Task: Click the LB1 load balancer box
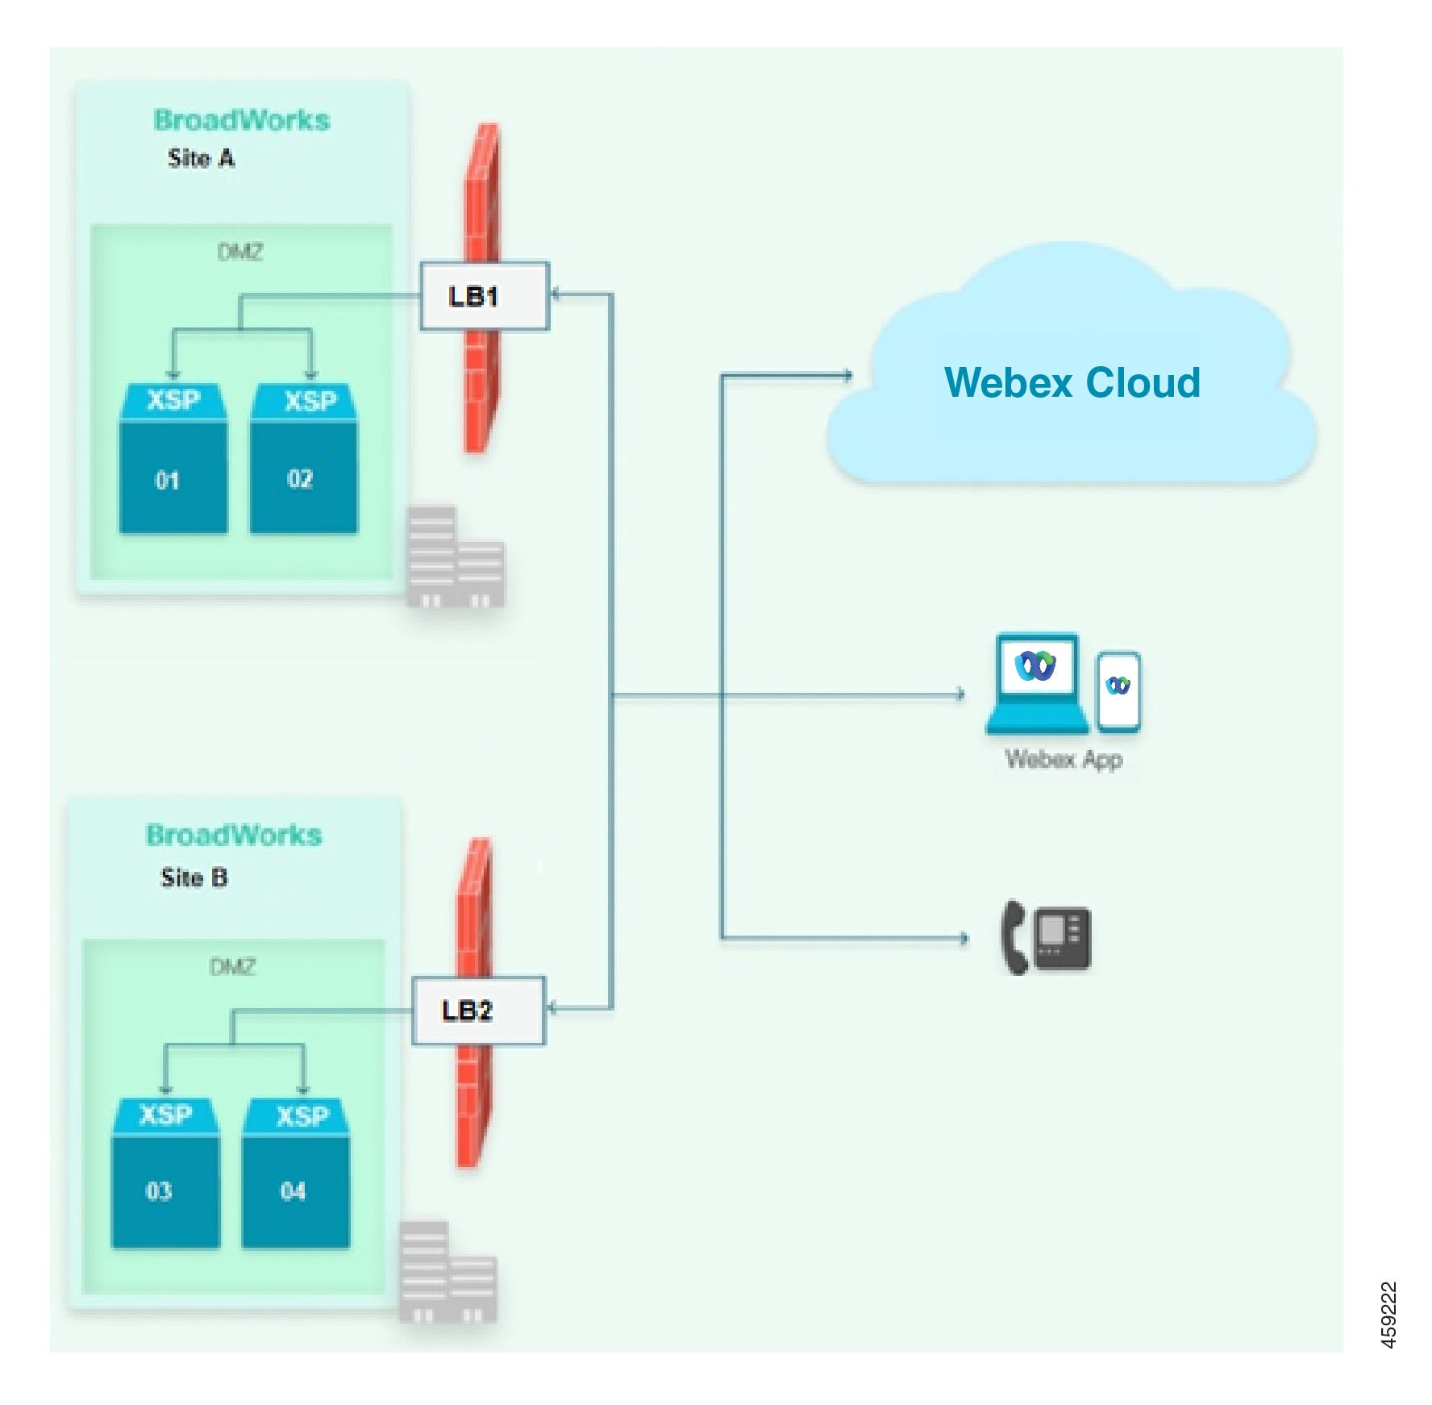pyautogui.click(x=484, y=296)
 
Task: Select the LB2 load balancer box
pyautogui.click(x=478, y=1011)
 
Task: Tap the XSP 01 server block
pyautogui.click(x=173, y=460)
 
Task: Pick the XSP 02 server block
pyautogui.click(x=304, y=460)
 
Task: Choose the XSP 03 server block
pyautogui.click(x=165, y=1174)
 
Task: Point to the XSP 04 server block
pyautogui.click(x=296, y=1174)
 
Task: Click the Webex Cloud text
pyautogui.click(x=1072, y=382)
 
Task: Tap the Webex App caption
pyautogui.click(x=1063, y=759)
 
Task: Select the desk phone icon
pyautogui.click(x=1046, y=938)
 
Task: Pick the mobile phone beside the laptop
pyautogui.click(x=1118, y=691)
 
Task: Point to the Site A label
pyautogui.click(x=201, y=158)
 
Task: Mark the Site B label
pyautogui.click(x=194, y=878)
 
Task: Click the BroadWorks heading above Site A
pyautogui.click(x=242, y=120)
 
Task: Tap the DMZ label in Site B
pyautogui.click(x=232, y=967)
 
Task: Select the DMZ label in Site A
pyautogui.click(x=240, y=252)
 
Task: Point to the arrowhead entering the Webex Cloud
pyautogui.click(x=847, y=375)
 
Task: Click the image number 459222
pyautogui.click(x=1388, y=1315)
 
